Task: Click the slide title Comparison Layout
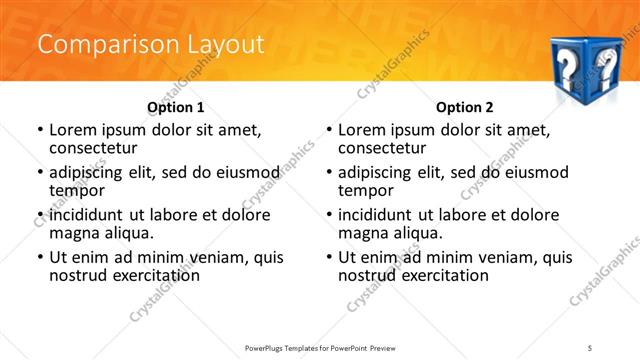coord(151,45)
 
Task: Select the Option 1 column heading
coord(176,107)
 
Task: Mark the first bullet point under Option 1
coord(40,130)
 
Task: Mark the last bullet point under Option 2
coord(329,257)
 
